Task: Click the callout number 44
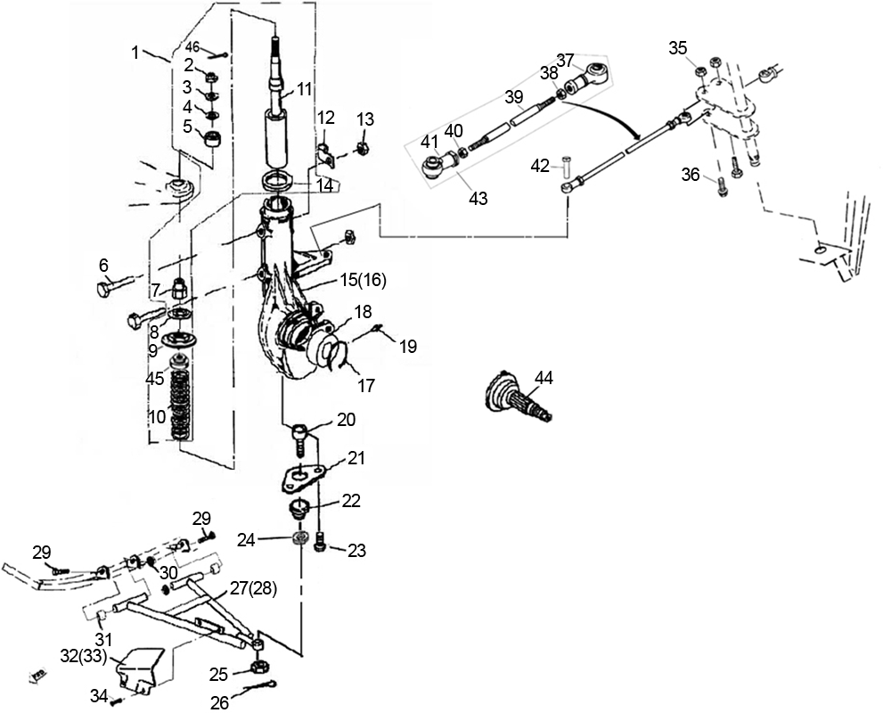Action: [x=544, y=378]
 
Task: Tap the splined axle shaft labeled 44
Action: [x=518, y=397]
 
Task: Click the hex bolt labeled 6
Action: [x=115, y=283]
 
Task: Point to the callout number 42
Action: [x=540, y=166]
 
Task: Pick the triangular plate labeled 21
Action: [x=303, y=478]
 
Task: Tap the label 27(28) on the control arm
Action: [x=253, y=589]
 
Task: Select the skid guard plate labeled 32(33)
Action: [x=139, y=672]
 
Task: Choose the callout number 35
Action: [x=678, y=48]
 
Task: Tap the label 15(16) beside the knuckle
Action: [x=364, y=281]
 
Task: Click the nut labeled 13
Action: [x=364, y=149]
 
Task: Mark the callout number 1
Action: [x=135, y=53]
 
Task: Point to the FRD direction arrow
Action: [x=38, y=676]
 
